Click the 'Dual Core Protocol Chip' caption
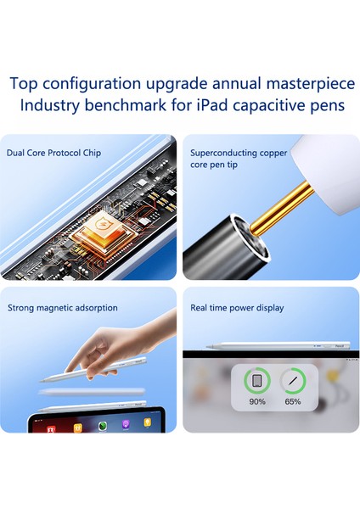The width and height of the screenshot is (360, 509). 48,154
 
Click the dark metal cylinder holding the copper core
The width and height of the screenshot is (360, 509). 228,246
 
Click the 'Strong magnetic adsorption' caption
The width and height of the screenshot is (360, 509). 62,308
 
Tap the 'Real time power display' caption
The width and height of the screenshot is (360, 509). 237,308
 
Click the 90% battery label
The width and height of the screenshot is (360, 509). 257,401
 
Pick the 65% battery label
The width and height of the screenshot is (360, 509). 293,401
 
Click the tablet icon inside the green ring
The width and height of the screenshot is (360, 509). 257,380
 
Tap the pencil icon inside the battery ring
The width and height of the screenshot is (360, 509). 293,380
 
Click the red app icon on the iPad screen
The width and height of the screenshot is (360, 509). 50,428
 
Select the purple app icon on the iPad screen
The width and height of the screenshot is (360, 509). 125,425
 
